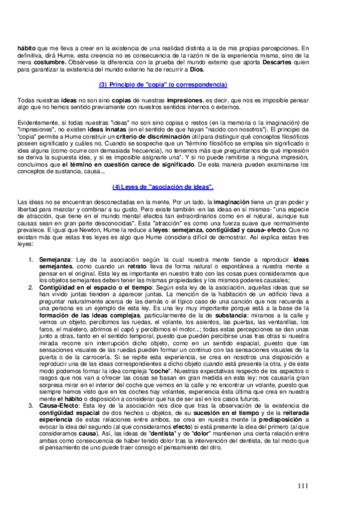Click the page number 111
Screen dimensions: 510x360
pyautogui.click(x=302, y=485)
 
